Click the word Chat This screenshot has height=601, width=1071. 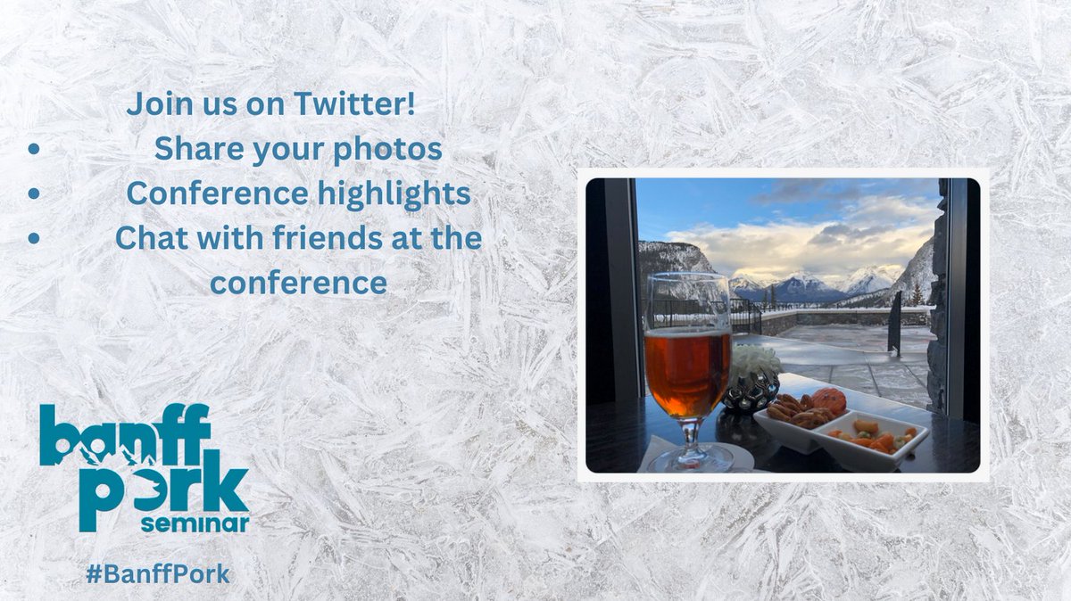[x=149, y=239]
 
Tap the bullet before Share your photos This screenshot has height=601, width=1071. [x=33, y=150]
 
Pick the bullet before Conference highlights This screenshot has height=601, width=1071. [x=33, y=193]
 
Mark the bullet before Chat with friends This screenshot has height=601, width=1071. [x=33, y=238]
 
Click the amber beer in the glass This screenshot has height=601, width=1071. [x=687, y=370]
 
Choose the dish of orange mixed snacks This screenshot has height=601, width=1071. [x=873, y=438]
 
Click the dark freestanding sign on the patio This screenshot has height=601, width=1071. [x=894, y=323]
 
